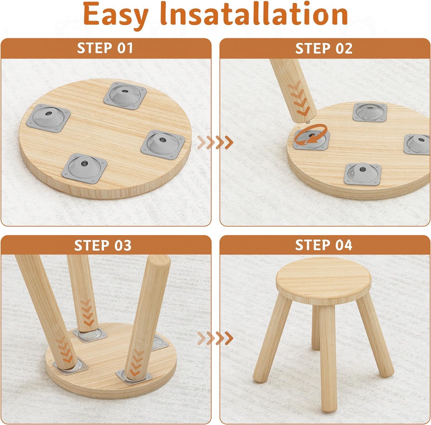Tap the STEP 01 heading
(105, 48)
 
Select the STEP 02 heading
(324, 48)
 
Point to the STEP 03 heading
(103, 245)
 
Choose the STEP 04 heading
(324, 245)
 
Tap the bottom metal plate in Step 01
(84, 168)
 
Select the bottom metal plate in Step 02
(362, 174)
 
